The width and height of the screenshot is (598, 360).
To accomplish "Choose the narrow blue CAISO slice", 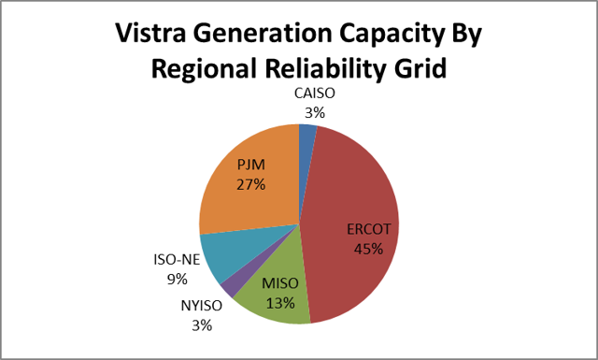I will tap(306, 139).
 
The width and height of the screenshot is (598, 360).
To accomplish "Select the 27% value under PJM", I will tap(251, 183).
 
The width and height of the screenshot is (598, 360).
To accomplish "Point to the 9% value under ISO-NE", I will tap(178, 278).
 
